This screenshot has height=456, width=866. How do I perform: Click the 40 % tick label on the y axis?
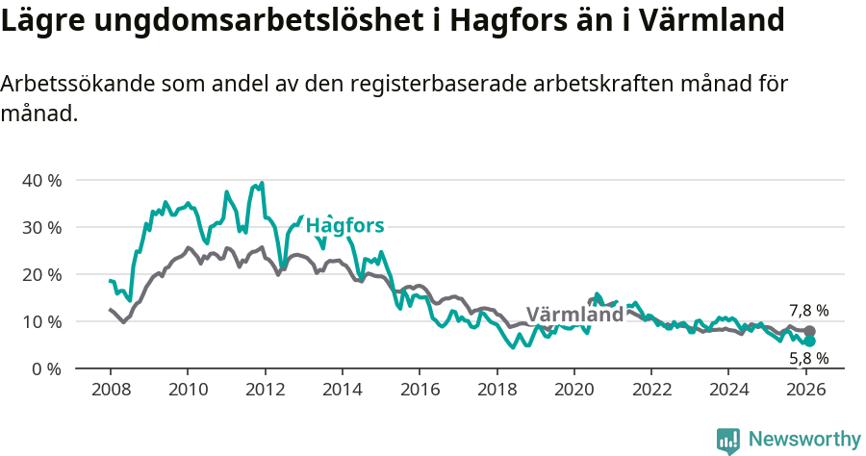[40, 181]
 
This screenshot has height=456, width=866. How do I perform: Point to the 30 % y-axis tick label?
[40, 228]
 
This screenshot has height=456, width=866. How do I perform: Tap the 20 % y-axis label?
[40, 275]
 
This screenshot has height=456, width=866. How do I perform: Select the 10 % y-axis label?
[40, 321]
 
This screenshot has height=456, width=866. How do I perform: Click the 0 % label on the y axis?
[45, 368]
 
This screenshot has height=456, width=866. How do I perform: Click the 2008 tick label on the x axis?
[111, 390]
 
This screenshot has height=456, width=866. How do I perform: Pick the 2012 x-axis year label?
[265, 390]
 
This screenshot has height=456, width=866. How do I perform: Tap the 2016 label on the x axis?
[420, 390]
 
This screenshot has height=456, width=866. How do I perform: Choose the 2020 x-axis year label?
[573, 390]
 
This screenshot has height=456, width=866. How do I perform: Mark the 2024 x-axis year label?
[727, 390]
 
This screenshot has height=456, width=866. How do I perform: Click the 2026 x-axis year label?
[805, 390]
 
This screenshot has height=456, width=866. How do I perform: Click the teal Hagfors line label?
[344, 226]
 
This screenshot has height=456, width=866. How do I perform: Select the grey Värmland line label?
[574, 316]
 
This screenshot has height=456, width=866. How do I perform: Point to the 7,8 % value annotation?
[808, 311]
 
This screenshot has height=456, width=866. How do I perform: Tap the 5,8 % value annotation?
[808, 359]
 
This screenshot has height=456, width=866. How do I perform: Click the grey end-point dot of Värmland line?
[809, 331]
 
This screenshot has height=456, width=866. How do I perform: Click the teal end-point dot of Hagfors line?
[809, 342]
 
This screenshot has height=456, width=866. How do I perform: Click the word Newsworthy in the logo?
[803, 440]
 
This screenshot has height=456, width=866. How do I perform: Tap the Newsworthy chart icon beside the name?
[728, 441]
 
